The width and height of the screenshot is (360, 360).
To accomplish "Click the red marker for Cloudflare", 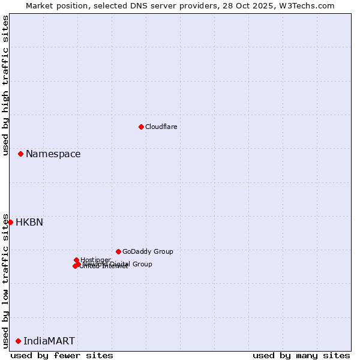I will (x=141, y=127).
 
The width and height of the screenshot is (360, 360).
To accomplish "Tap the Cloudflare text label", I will (x=161, y=127).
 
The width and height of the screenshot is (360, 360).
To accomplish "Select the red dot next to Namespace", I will (x=20, y=154).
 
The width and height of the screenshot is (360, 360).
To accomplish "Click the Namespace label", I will (x=53, y=154).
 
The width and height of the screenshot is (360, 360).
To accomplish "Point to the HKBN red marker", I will (x=10, y=222).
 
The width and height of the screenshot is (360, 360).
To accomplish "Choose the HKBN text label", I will (x=29, y=222).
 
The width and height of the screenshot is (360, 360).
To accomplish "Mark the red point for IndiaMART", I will (x=18, y=341).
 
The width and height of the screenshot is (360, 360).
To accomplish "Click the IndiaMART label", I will (x=49, y=341).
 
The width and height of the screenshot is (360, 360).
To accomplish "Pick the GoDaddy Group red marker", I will (x=118, y=251).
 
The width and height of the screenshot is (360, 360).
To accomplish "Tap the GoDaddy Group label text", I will (x=148, y=251).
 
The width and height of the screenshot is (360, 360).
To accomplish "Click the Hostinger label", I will (x=95, y=260).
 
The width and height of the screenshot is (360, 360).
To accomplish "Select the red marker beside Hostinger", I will (x=76, y=260).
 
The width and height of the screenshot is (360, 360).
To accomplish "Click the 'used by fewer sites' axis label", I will (x=62, y=355).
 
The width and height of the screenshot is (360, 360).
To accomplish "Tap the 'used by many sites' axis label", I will (x=301, y=355).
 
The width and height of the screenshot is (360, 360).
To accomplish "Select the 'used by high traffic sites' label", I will (x=5, y=85).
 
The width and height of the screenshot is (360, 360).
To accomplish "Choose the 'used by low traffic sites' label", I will (x=5, y=281).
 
